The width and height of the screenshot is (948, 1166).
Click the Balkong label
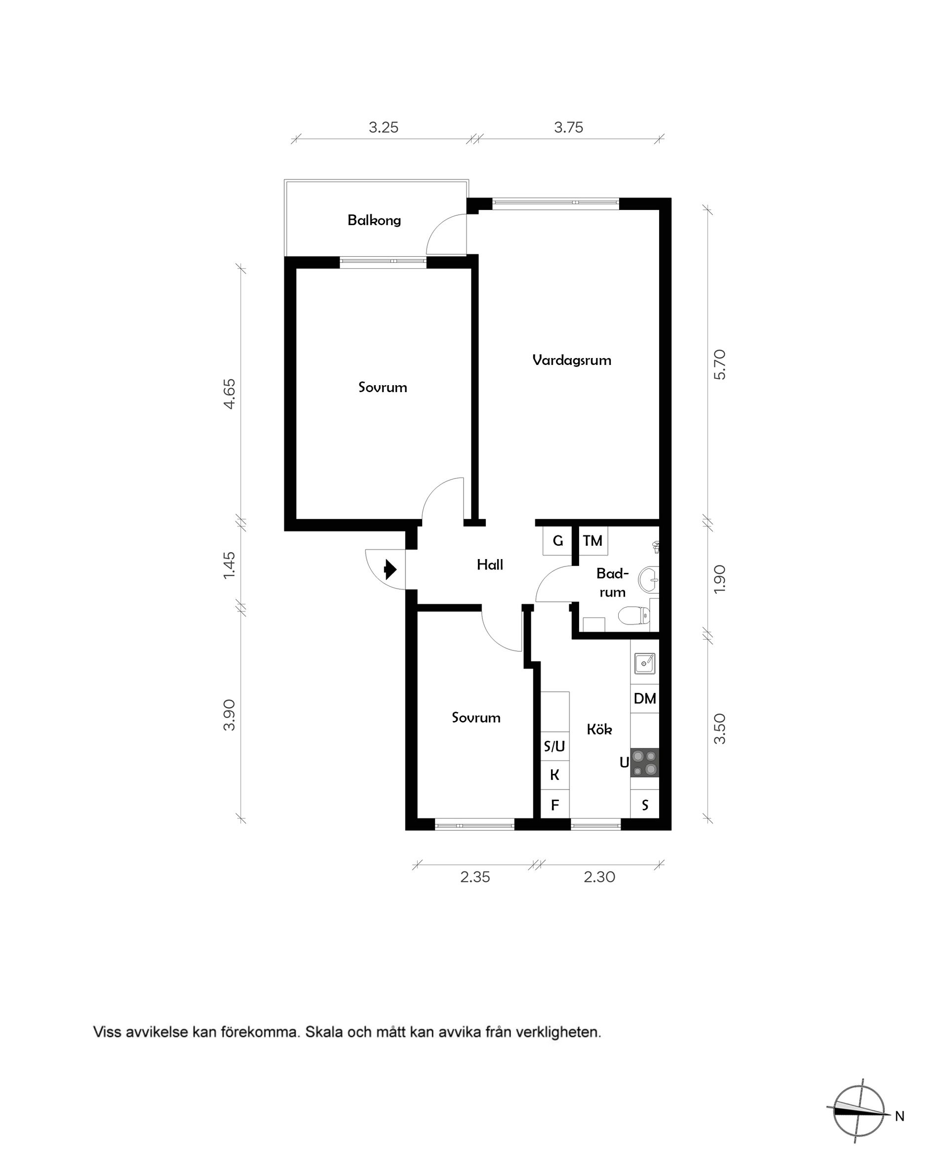coord(374,220)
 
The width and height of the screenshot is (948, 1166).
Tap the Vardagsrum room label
coord(571,360)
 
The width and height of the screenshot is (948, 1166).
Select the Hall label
coord(489,564)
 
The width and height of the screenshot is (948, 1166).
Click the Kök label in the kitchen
coord(599,729)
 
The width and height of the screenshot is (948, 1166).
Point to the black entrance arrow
coord(390,569)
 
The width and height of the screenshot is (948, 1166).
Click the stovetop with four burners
coord(644,763)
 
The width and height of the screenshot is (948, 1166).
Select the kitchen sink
coord(644,664)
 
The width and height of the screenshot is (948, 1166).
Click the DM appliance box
coord(644,698)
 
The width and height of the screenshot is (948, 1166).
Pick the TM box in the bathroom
coord(592,541)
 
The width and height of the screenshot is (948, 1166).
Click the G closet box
coord(557,541)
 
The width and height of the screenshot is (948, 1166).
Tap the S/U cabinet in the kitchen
coord(554,745)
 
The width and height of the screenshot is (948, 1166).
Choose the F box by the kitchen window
coord(555,805)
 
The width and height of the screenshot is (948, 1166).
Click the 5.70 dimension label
coord(720,364)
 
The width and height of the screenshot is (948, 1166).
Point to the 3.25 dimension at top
coord(383,127)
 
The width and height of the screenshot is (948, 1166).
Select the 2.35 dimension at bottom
coord(474,877)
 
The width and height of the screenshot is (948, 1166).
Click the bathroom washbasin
coord(649,578)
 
